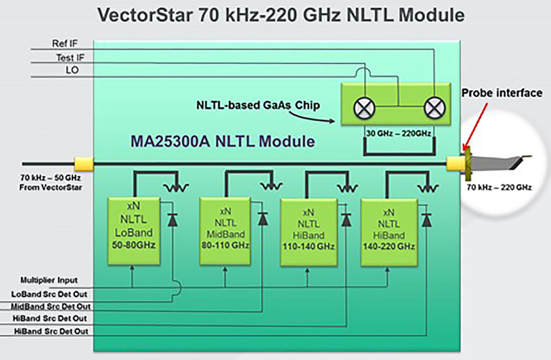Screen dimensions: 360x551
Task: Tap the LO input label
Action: pyautogui.click(x=74, y=70)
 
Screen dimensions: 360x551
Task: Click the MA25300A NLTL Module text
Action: pyautogui.click(x=223, y=141)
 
